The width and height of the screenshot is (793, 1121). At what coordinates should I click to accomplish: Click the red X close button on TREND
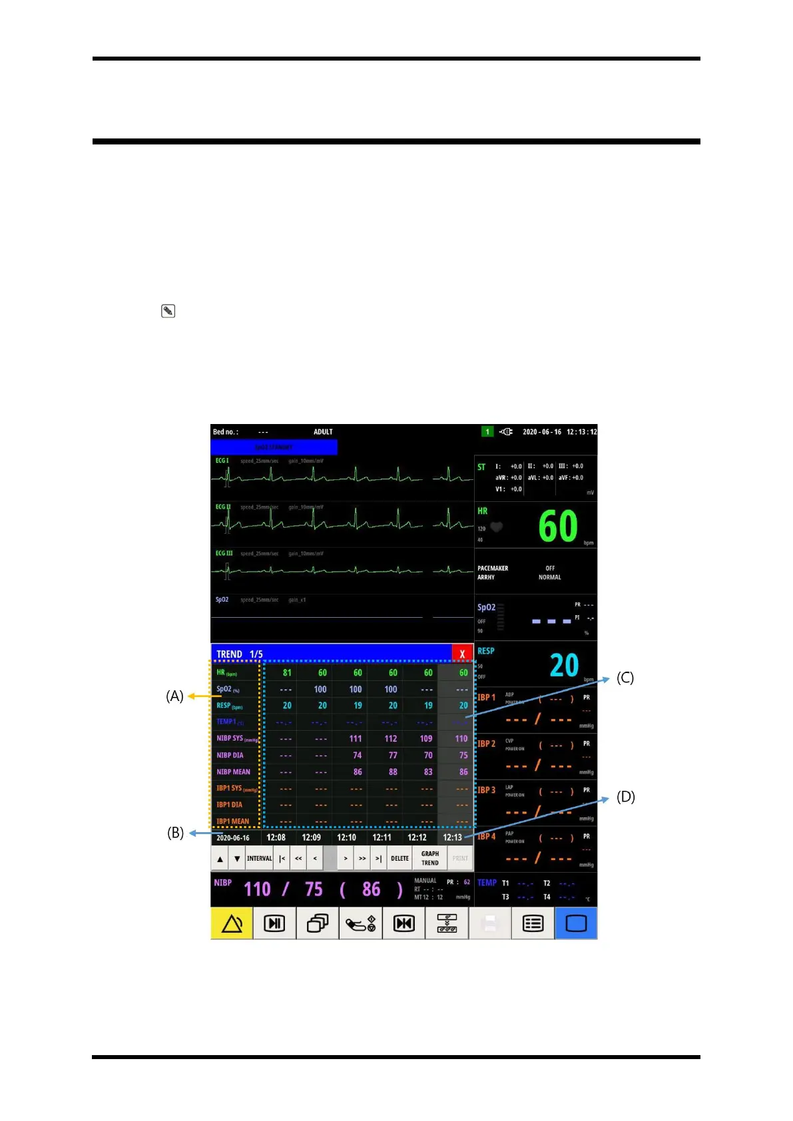point(462,654)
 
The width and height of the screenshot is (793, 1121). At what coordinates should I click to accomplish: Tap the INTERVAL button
point(259,859)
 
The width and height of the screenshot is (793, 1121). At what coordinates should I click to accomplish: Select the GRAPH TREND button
point(430,859)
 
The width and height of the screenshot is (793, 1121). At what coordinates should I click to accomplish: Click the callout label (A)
point(174,696)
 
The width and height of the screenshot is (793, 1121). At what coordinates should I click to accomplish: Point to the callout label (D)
point(625,797)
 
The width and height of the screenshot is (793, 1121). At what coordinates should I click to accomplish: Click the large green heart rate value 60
point(558,527)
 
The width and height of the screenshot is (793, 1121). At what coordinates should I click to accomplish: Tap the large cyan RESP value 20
point(564,665)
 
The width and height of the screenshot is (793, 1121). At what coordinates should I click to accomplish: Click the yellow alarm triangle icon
point(232,924)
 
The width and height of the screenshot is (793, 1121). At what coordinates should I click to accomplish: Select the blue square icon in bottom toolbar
point(576,924)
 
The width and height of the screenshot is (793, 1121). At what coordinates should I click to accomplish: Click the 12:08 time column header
point(276,837)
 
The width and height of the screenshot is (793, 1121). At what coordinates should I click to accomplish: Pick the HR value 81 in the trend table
point(287,673)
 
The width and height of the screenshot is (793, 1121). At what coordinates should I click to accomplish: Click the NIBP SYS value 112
point(391,739)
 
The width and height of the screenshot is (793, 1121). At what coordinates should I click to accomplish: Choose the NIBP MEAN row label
point(233,772)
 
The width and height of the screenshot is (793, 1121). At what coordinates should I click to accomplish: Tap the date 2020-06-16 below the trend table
point(233,838)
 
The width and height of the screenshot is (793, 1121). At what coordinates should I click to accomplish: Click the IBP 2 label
point(487,744)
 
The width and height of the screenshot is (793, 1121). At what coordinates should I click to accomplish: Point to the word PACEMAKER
point(493,568)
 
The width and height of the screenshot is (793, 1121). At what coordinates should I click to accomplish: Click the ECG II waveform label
point(223,507)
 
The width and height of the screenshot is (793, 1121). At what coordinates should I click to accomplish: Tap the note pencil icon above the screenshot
point(168,312)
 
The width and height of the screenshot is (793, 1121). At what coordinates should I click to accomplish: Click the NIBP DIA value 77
point(393,756)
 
